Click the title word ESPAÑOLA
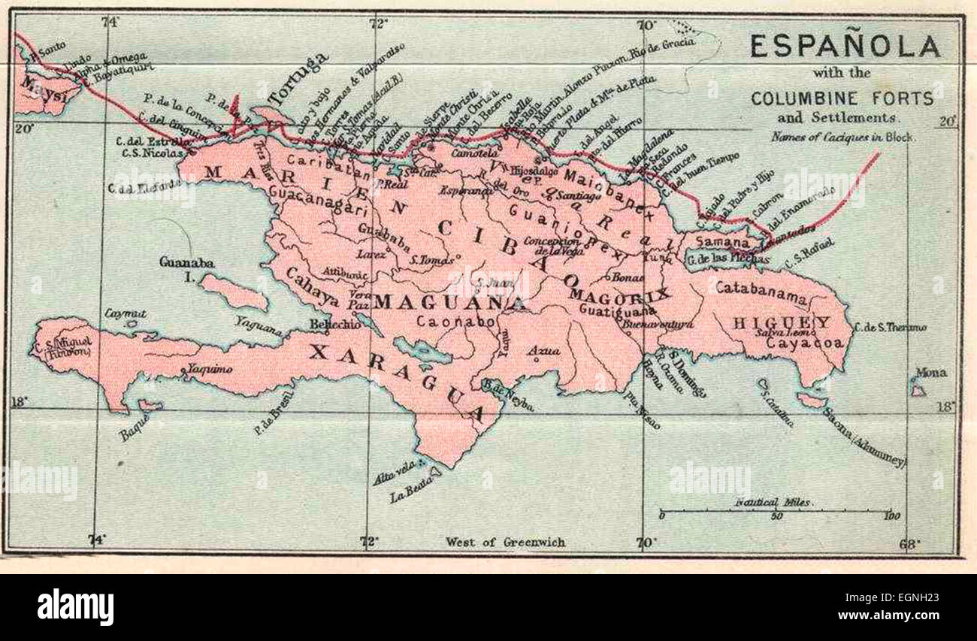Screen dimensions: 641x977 [x=845, y=47]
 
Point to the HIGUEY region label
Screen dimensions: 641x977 [x=782, y=322]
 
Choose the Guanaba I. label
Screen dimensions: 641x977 [x=186, y=269]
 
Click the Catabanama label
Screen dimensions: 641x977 [x=761, y=289]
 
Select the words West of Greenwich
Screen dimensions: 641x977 [x=504, y=541]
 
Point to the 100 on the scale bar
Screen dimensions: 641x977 [x=892, y=516]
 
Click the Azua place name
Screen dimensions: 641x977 [x=538, y=351]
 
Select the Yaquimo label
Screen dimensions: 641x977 [x=209, y=369]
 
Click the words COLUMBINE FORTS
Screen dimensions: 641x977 [x=842, y=98]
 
